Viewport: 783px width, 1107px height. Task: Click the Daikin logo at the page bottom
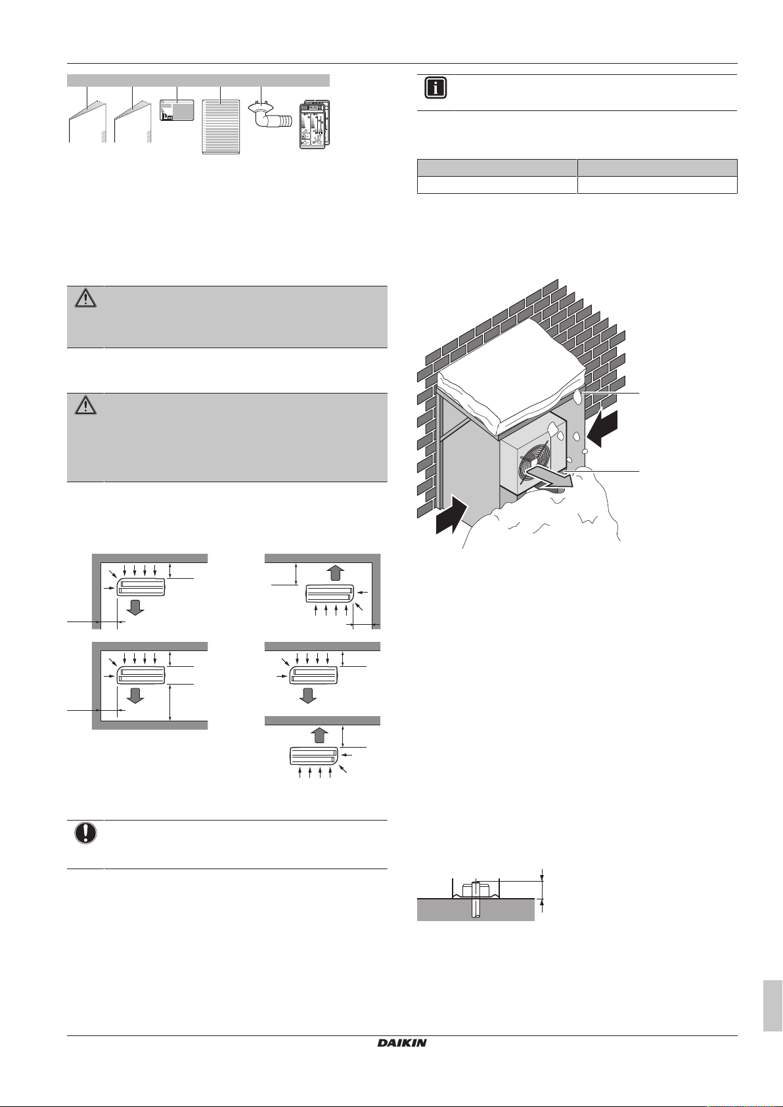(402, 1043)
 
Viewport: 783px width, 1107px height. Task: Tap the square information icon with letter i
(436, 89)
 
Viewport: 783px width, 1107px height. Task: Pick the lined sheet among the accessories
(221, 127)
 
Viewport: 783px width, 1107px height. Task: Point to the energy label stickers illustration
(315, 125)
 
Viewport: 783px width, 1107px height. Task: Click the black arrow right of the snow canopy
(602, 428)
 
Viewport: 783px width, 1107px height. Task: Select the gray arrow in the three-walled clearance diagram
(135, 694)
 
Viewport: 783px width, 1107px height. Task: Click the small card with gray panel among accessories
(177, 110)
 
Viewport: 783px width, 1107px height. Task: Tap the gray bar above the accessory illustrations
(198, 80)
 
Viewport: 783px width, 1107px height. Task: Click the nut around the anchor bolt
(475, 891)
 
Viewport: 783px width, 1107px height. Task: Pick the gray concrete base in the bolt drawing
(476, 909)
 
